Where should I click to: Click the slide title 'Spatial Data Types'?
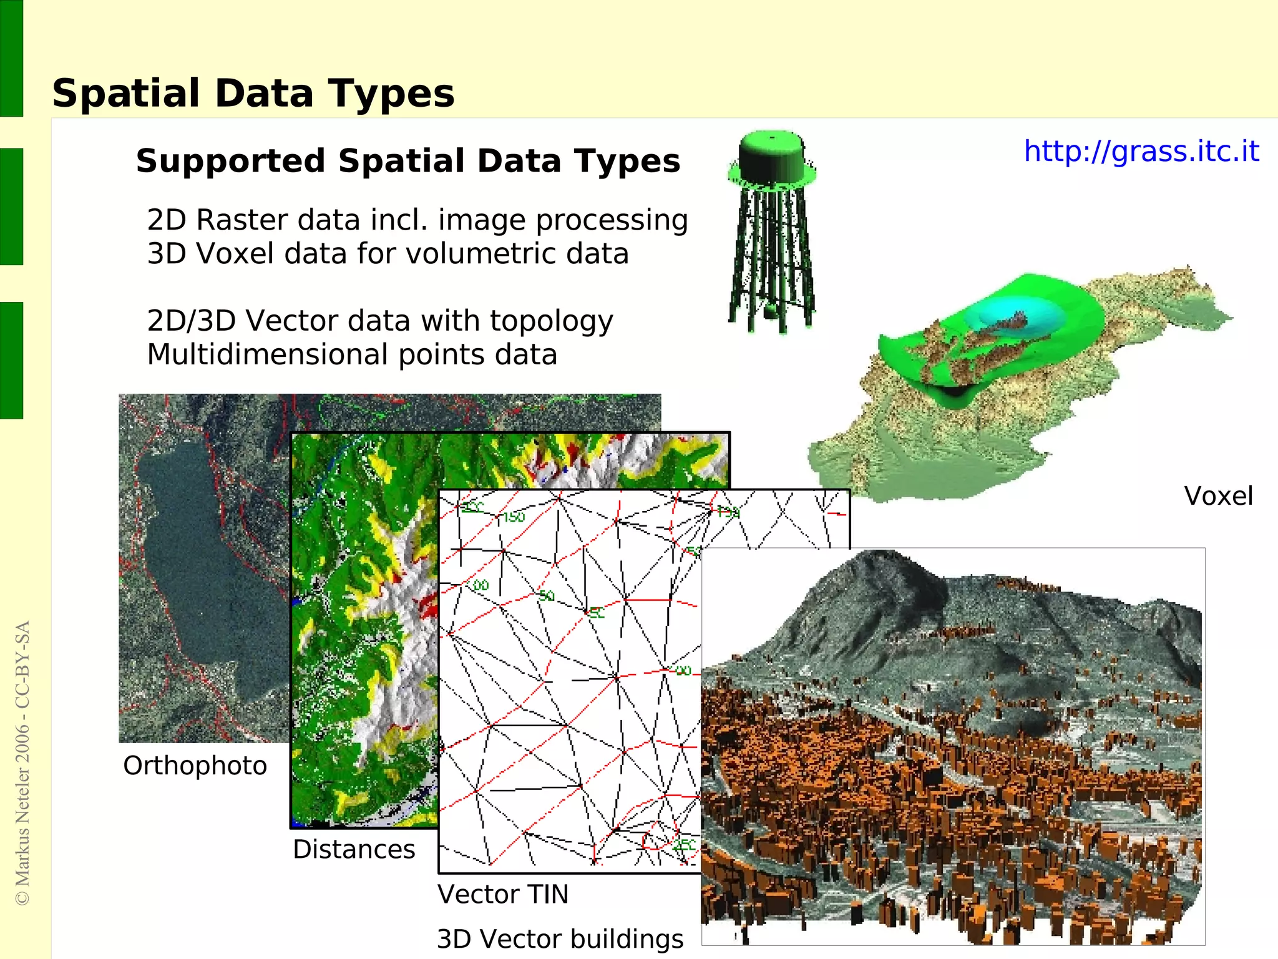[x=253, y=94]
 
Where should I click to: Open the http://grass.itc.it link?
[x=1141, y=152]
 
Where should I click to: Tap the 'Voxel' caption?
[x=1218, y=497]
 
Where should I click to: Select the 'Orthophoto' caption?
[x=195, y=766]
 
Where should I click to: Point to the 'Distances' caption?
[x=354, y=849]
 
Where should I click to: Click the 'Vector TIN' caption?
[x=503, y=894]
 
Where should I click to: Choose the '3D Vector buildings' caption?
[x=560, y=939]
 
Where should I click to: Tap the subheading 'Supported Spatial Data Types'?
[x=408, y=161]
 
